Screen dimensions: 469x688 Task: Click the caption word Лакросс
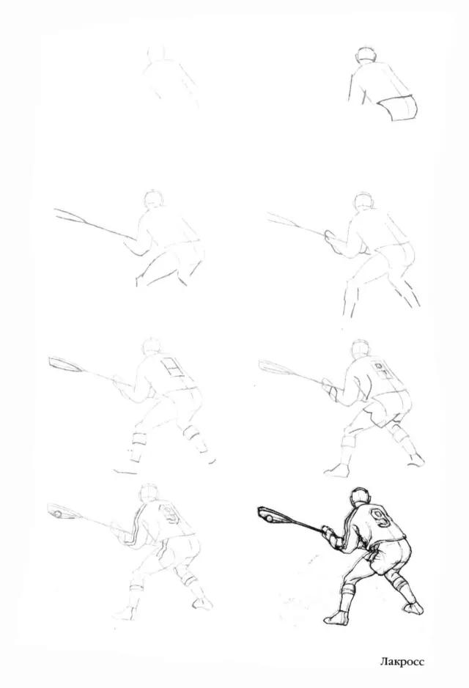402,662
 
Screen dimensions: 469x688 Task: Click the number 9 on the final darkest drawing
381,518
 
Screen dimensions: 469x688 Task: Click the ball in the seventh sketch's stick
57,514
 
